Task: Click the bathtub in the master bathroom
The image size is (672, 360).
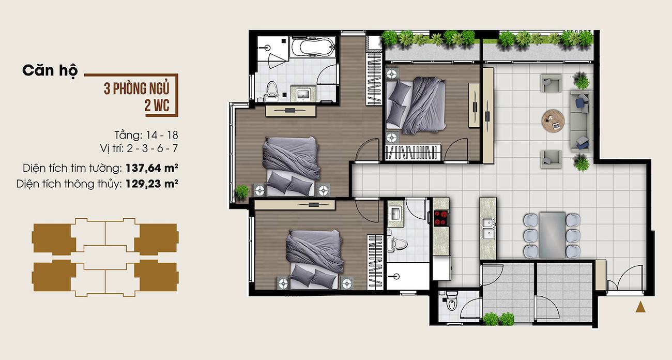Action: pyautogui.click(x=313, y=47)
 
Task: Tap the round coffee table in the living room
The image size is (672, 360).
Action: pyautogui.click(x=553, y=121)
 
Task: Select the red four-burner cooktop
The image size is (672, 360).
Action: pyautogui.click(x=441, y=218)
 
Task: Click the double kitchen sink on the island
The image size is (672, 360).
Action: pyautogui.click(x=488, y=229)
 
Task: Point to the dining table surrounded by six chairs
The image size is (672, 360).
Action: pyautogui.click(x=552, y=235)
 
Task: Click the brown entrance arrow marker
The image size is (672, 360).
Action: pyautogui.click(x=640, y=307)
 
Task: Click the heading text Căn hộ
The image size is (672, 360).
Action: pyautogui.click(x=50, y=71)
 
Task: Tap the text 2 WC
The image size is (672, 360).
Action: pyautogui.click(x=157, y=106)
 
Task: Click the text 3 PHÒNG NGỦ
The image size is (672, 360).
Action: pyautogui.click(x=137, y=88)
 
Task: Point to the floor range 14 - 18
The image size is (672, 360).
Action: pyautogui.click(x=162, y=135)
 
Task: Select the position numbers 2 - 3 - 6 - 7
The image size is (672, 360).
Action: pyautogui.click(x=152, y=148)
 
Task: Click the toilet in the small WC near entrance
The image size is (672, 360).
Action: pyautogui.click(x=451, y=301)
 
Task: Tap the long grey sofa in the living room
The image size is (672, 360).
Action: pyautogui.click(x=581, y=121)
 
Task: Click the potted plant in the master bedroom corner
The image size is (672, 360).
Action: pyautogui.click(x=241, y=192)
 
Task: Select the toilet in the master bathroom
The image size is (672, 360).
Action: pyautogui.click(x=272, y=90)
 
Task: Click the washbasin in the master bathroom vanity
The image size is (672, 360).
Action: pyautogui.click(x=303, y=94)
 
